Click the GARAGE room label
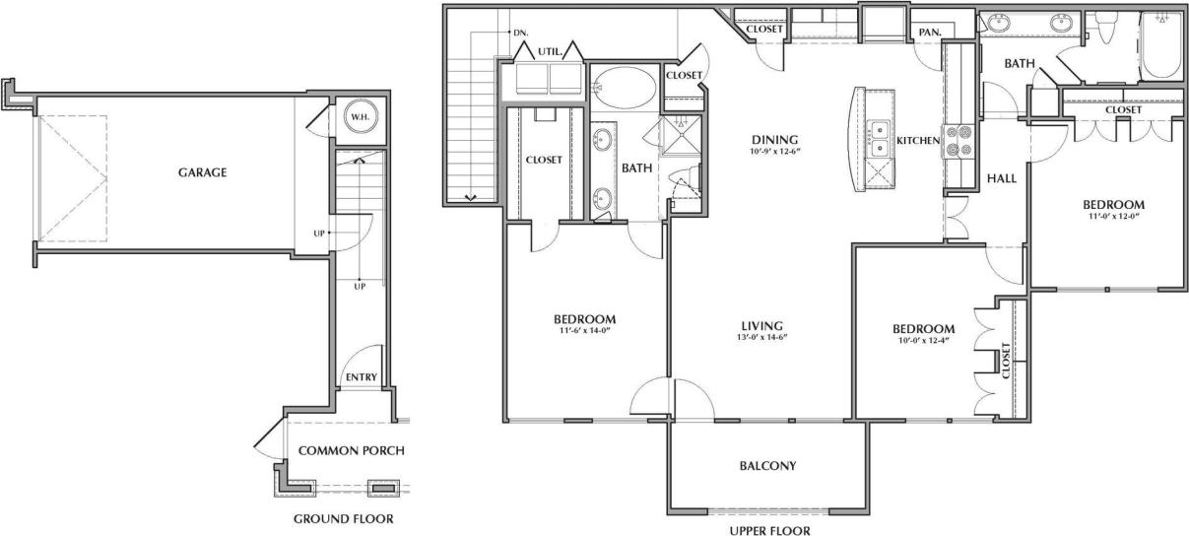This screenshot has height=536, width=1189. [x=203, y=172]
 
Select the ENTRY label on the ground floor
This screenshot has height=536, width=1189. [x=359, y=378]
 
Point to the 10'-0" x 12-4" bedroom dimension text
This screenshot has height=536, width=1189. [x=923, y=342]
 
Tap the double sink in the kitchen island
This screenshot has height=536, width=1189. [x=879, y=139]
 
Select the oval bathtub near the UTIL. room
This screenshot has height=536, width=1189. [x=625, y=86]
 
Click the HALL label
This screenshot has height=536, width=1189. [x=1001, y=178]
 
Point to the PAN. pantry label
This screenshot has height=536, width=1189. [x=929, y=33]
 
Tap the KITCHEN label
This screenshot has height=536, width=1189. [x=918, y=141]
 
